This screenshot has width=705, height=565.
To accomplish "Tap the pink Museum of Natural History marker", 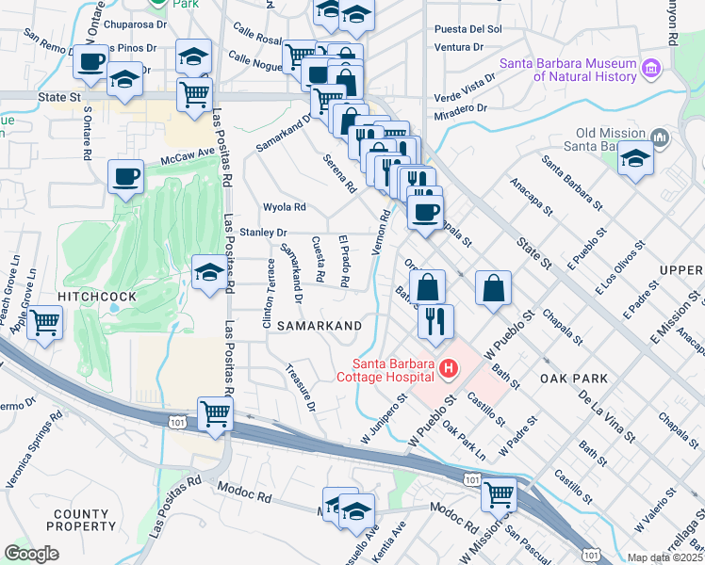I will pos(650,69).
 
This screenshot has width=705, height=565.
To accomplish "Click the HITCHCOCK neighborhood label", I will pos(98,297).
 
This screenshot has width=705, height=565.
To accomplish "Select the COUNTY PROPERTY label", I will pos(84,521).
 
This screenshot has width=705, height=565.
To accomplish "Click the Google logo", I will pos(31,554).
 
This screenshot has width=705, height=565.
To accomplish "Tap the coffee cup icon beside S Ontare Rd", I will pos(91,62).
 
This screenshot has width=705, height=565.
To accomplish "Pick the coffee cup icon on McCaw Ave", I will pos(125,176).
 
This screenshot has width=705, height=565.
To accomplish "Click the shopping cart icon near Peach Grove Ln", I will pos(44,323).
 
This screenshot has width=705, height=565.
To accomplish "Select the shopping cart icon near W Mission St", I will pos(499,492).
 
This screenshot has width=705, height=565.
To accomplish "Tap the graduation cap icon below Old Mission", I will pos(636,159).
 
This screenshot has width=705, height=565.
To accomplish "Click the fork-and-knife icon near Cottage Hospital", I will pos(434,321).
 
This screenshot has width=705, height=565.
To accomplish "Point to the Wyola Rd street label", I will pos(285,207).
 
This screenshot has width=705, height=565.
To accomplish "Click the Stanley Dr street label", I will pos(262,232).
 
